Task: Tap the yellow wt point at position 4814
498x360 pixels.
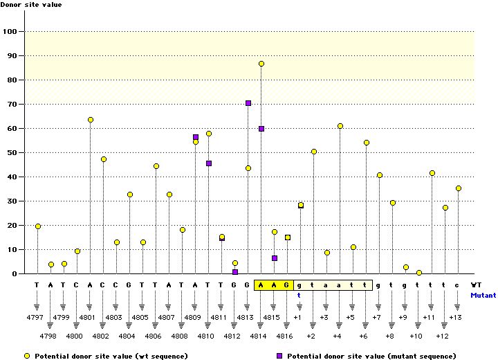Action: click(x=261, y=64)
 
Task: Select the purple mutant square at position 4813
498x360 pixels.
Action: click(x=248, y=103)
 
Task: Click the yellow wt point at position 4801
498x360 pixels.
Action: click(x=91, y=120)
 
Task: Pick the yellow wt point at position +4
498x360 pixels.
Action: click(x=340, y=126)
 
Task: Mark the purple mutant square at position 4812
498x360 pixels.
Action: click(x=235, y=272)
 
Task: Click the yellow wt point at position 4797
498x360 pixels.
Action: click(x=38, y=226)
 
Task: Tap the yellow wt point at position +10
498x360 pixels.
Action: click(x=419, y=273)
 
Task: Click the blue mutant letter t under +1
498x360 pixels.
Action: click(x=299, y=294)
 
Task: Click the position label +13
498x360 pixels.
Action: click(x=455, y=317)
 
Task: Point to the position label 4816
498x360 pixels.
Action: click(x=286, y=336)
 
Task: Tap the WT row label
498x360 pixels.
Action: click(x=476, y=285)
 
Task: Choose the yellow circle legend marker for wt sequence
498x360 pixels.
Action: click(x=27, y=355)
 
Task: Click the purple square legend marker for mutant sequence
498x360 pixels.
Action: click(x=280, y=355)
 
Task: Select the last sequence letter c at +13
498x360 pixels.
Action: click(x=458, y=285)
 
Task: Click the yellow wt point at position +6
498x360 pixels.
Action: click(x=367, y=143)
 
